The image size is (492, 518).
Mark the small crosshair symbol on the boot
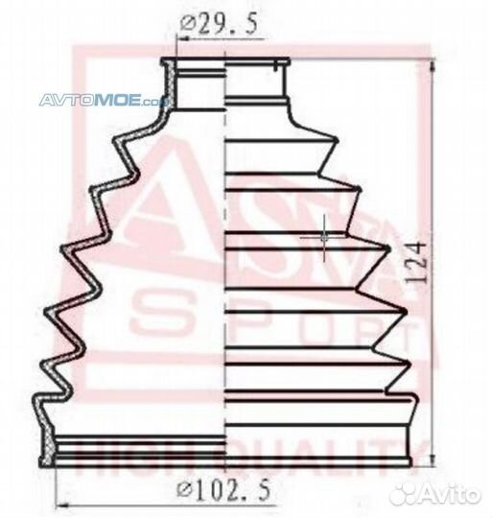325,233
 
